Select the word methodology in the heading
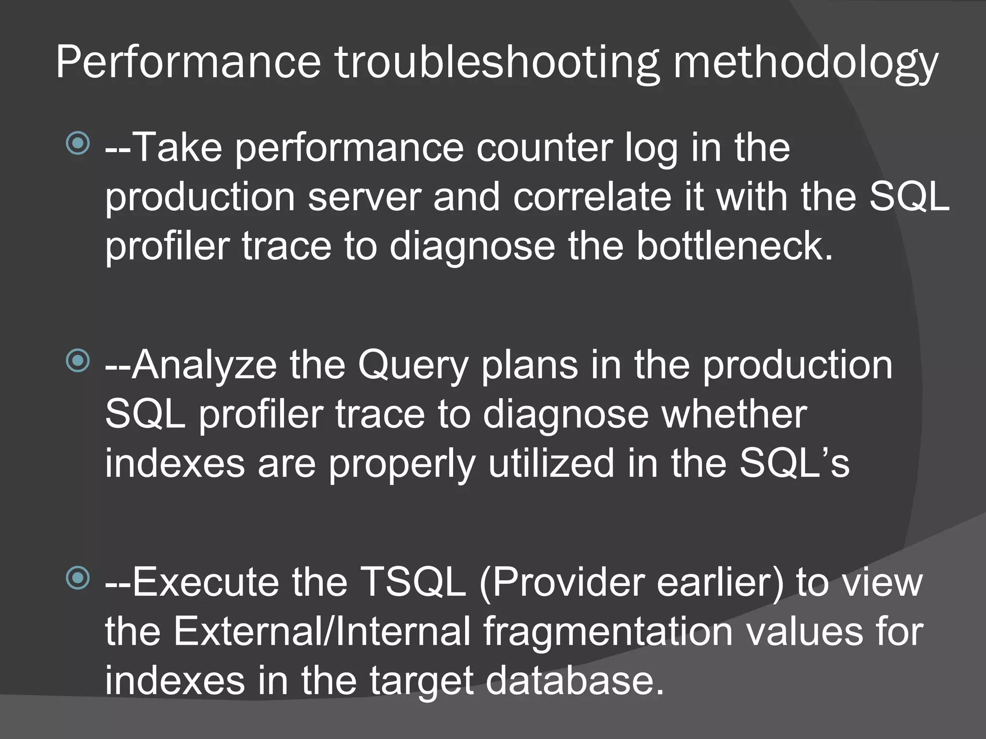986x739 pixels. click(805, 63)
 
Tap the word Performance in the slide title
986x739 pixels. click(188, 63)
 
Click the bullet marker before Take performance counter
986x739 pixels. click(78, 143)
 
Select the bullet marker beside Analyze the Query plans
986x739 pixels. click(78, 361)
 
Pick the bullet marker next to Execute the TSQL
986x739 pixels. click(78, 578)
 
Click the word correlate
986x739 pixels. click(592, 197)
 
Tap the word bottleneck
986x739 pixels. click(734, 246)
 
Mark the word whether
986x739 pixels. click(734, 414)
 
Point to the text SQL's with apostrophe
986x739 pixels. click(794, 463)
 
